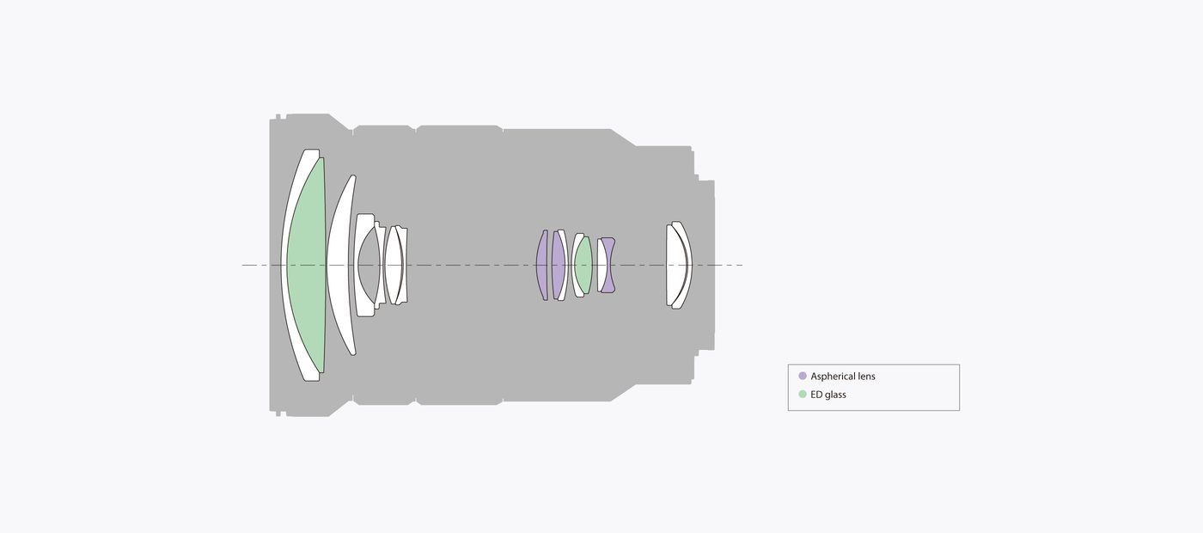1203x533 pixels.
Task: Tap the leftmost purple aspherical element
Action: click(542, 266)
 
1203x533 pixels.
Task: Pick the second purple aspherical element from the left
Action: click(559, 266)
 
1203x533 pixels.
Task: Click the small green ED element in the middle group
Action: click(583, 266)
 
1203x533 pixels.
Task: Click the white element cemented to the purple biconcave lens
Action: click(601, 266)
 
